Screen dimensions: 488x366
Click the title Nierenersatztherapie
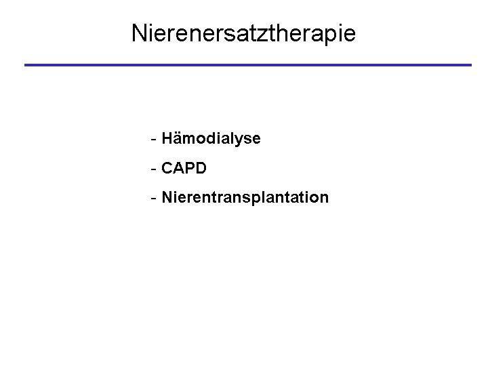pos(243,34)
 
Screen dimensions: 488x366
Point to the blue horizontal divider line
pos(248,65)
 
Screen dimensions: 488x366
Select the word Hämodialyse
pos(211,139)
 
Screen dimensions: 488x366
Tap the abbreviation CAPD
pos(184,168)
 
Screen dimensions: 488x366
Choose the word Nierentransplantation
pos(245,198)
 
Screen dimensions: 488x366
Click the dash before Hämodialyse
pos(153,140)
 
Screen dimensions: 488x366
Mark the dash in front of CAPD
pos(153,169)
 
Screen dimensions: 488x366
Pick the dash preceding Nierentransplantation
pos(153,198)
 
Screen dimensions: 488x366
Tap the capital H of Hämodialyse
pos(167,138)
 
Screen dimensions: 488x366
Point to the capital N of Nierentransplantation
pos(167,197)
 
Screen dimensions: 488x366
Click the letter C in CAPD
pos(167,168)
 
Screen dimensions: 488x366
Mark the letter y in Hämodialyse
pos(240,141)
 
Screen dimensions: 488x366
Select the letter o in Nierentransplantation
pos(314,199)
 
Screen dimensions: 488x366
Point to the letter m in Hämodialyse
pos(190,140)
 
